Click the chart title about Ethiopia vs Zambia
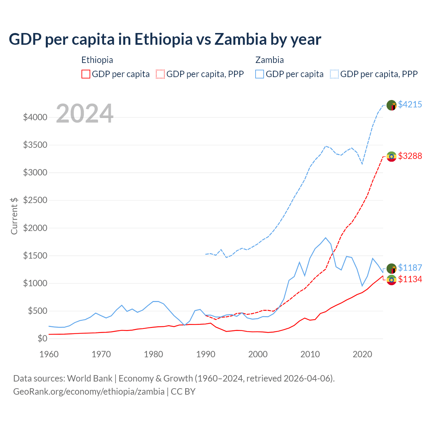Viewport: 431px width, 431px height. tap(165, 39)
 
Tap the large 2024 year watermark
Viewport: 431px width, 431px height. tap(85, 114)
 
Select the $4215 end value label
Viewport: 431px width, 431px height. tap(410, 104)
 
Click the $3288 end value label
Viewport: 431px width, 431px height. tap(410, 156)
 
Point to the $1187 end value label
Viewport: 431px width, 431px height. tap(410, 268)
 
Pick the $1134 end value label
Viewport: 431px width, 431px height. tap(410, 279)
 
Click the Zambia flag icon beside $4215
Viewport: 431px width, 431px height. tap(391, 105)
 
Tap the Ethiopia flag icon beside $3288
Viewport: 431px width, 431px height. tap(391, 157)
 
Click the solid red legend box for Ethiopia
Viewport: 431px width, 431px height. tap(86, 74)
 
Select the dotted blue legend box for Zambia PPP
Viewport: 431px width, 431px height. tap(334, 74)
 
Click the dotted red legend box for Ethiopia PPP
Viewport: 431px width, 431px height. tap(160, 74)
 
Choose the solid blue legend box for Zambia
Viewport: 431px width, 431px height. tap(260, 74)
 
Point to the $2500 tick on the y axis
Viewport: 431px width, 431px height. tap(35, 200)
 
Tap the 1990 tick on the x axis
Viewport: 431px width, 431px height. tap(206, 354)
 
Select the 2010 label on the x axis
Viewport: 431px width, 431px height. tap(310, 354)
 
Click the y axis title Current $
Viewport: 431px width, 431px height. tap(14, 216)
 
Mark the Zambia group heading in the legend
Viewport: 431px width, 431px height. tap(269, 60)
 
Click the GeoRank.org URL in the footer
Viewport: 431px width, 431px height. tap(89, 392)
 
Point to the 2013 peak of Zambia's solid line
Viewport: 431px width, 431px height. tap(326, 238)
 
